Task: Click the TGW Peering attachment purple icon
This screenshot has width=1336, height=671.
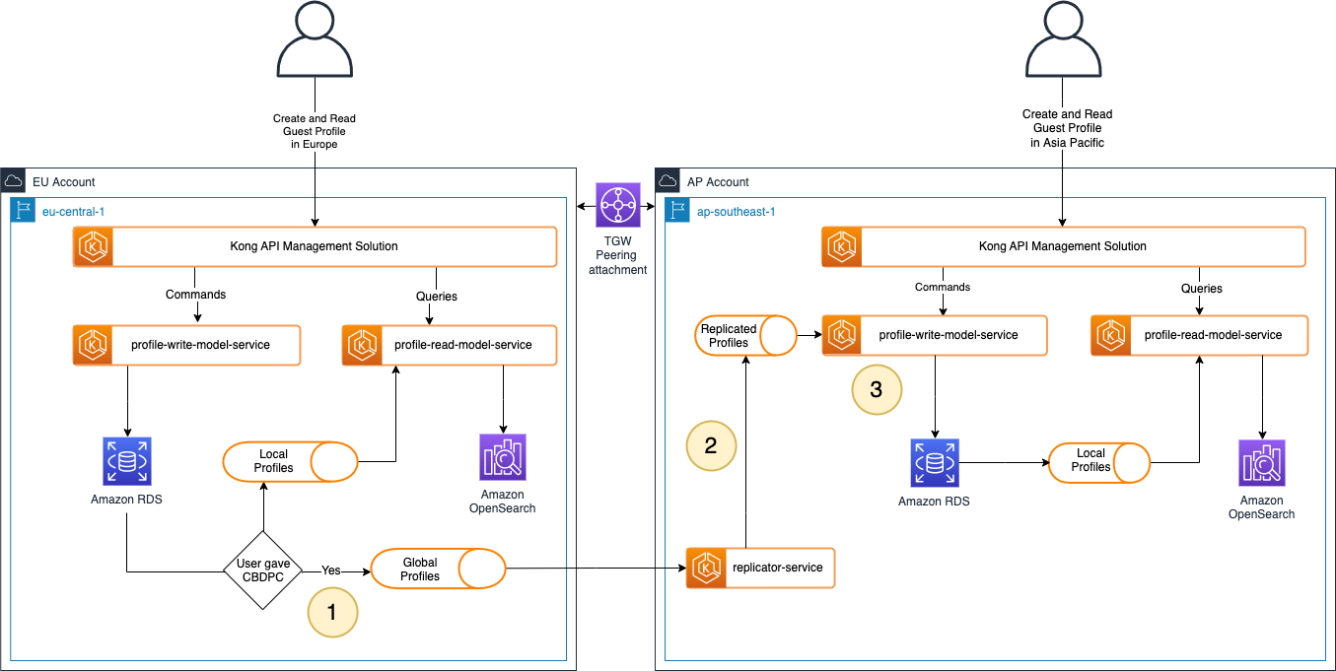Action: tap(618, 206)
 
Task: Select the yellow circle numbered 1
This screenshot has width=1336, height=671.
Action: tap(331, 611)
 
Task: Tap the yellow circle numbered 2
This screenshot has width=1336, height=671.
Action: tap(711, 446)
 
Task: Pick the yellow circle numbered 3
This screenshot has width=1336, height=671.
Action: tap(877, 389)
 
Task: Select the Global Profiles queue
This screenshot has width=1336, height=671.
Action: tap(438, 570)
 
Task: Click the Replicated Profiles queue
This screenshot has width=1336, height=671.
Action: tap(745, 336)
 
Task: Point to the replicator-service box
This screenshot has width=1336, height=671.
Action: tap(760, 568)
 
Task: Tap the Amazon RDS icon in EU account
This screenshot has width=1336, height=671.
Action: tap(126, 461)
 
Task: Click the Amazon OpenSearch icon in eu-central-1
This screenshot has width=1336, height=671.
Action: tap(503, 457)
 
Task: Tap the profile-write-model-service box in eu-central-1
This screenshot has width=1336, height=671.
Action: tap(185, 346)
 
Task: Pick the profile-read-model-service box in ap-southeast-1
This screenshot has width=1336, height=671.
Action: tap(1199, 335)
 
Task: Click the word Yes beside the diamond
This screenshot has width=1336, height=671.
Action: tap(332, 570)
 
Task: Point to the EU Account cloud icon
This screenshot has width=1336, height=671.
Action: tap(14, 181)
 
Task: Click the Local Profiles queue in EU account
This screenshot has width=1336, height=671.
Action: tap(290, 461)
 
